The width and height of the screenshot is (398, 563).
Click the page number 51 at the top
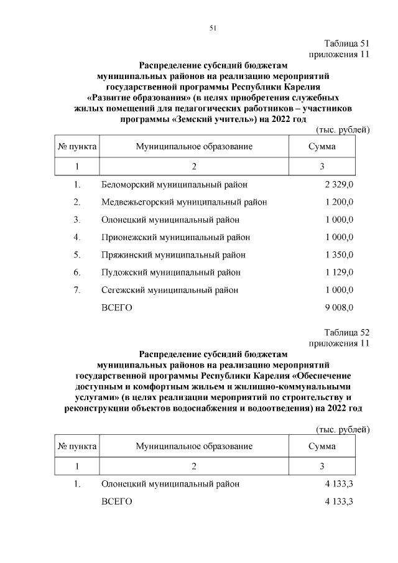coord(213,28)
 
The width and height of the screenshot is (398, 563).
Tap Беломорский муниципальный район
coord(174,185)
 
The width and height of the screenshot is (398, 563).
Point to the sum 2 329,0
coord(339,185)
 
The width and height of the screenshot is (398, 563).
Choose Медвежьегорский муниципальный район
coord(184,202)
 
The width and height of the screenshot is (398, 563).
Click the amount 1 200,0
coord(339,202)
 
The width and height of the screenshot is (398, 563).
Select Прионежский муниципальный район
coord(175,237)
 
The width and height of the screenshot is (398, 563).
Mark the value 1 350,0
coord(339,255)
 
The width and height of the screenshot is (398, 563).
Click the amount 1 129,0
coord(339,272)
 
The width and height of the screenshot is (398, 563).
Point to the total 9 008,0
coord(339,307)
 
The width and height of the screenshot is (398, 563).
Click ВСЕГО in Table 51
coord(116,307)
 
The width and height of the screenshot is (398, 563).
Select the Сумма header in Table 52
coord(322,447)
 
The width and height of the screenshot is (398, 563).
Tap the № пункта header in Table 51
coord(77,147)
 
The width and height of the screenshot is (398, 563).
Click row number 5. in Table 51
coord(77,255)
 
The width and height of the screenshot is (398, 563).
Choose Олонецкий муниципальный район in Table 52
coord(170,484)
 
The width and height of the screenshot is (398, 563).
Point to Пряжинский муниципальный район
coord(173,255)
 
